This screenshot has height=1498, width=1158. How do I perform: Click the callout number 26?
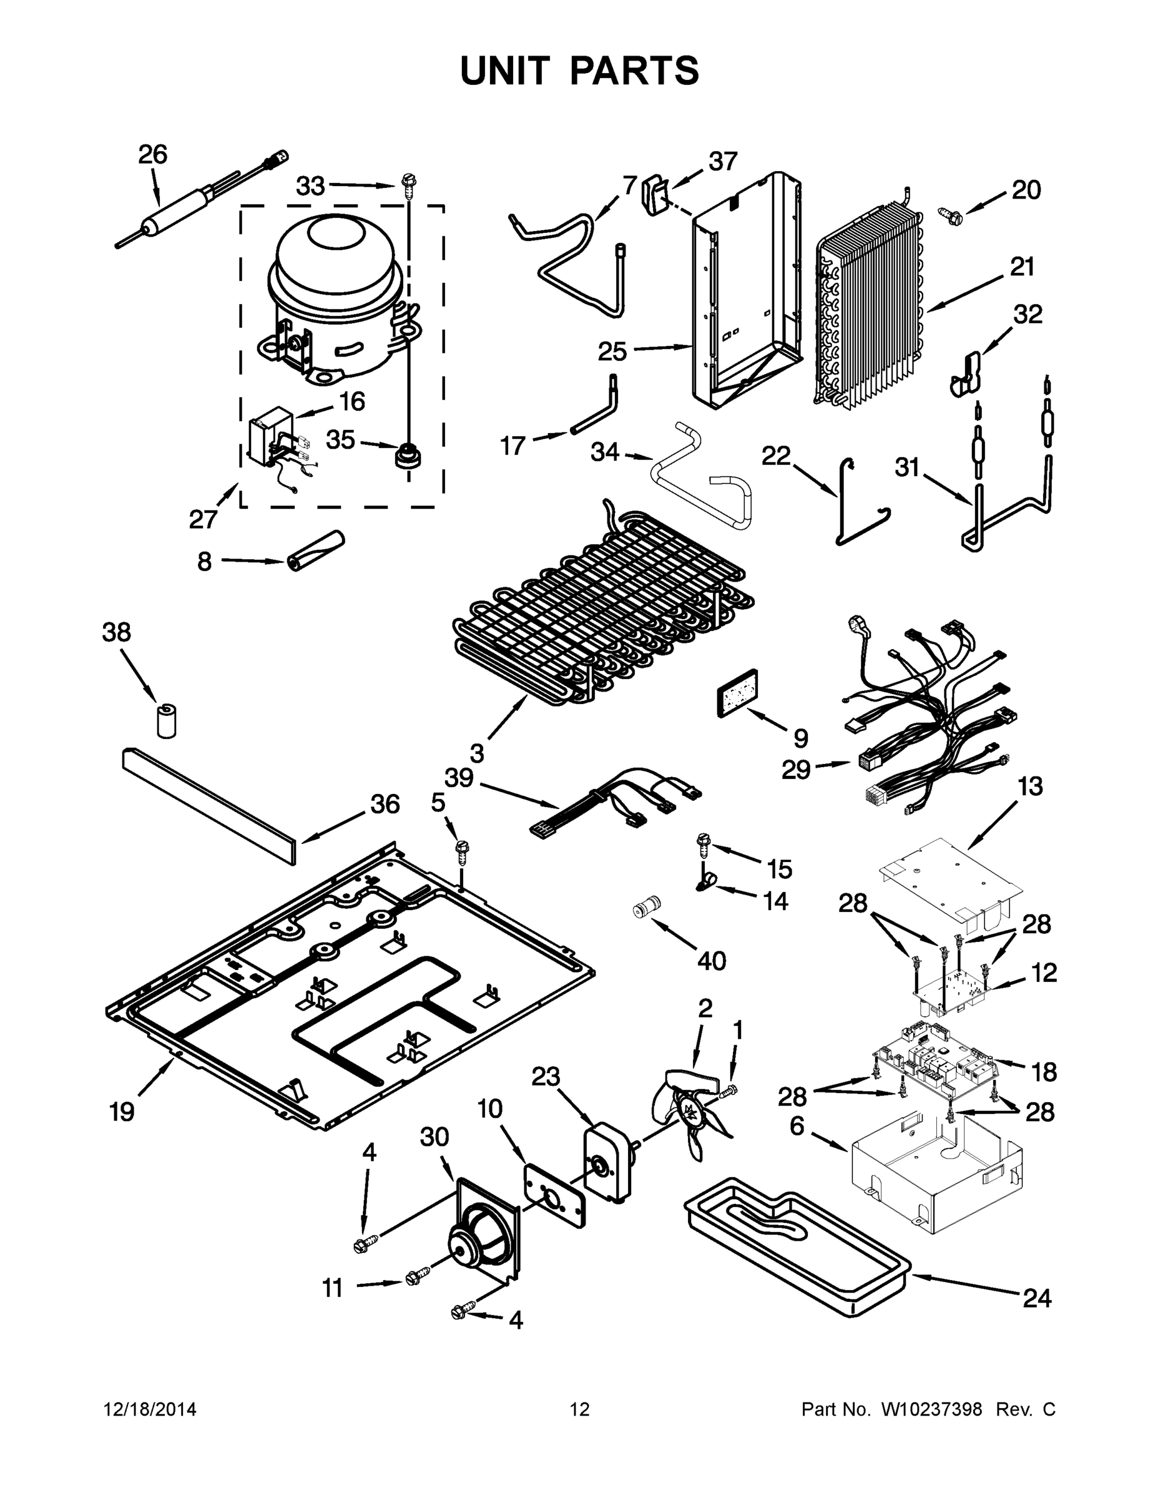coord(152,154)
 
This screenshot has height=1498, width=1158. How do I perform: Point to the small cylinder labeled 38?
coord(165,720)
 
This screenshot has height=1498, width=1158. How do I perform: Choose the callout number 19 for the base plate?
coord(122,1112)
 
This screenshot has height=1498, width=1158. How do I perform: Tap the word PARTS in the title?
coord(634,71)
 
